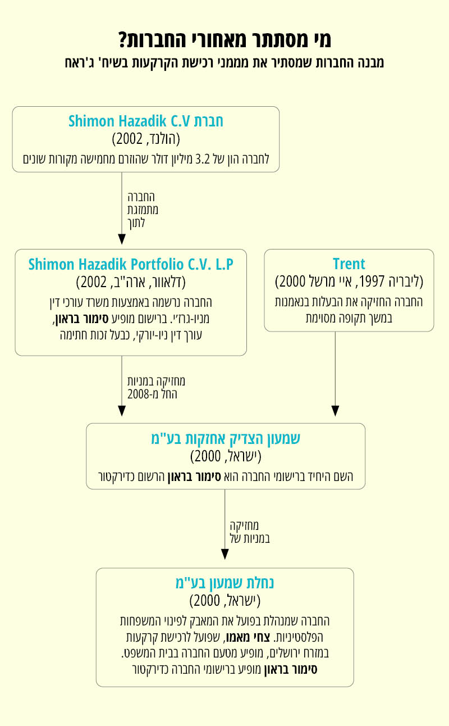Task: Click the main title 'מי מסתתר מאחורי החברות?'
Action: pyautogui.click(x=224, y=39)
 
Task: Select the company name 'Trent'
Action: pyautogui.click(x=349, y=264)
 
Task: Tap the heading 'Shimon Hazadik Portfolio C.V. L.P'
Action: pyautogui.click(x=130, y=264)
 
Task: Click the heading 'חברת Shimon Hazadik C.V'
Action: pyautogui.click(x=146, y=121)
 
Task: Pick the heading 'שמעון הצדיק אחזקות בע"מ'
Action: pyautogui.click(x=225, y=438)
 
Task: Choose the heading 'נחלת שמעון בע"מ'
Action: pyautogui.click(x=224, y=583)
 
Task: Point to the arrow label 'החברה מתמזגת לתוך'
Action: pyautogui.click(x=143, y=210)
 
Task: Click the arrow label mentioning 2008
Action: pyautogui.click(x=155, y=388)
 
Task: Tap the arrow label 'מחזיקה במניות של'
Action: pyautogui.click(x=250, y=532)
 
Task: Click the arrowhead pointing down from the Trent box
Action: pyautogui.click(x=336, y=411)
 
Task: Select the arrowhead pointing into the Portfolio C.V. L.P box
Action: pyautogui.click(x=122, y=239)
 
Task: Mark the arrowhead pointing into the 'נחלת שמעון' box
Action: pyautogui.click(x=224, y=554)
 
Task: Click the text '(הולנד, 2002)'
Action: pyautogui.click(x=146, y=139)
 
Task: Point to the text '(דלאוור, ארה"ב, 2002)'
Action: pyautogui.click(x=131, y=282)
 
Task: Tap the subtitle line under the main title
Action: pyautogui.click(x=224, y=62)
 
